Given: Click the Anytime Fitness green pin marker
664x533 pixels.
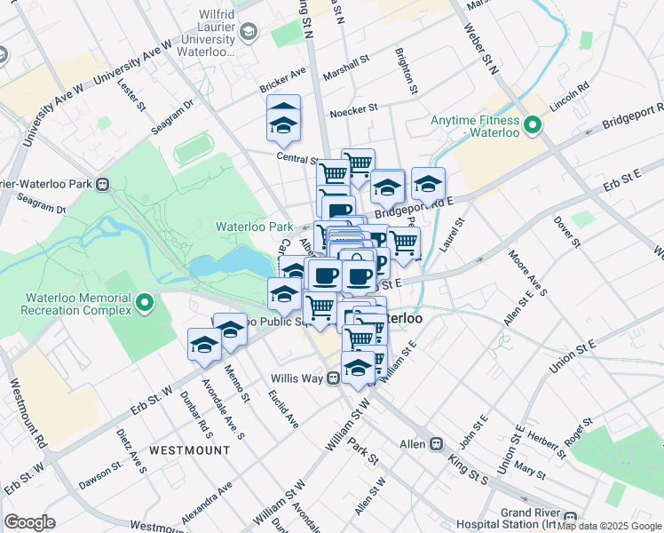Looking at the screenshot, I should pyautogui.click(x=533, y=125).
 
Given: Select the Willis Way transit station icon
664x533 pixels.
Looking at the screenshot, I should pyautogui.click(x=333, y=378).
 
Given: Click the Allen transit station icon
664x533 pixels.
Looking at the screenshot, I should pyautogui.click(x=436, y=443).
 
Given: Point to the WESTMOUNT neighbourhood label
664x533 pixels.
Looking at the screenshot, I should pyautogui.click(x=189, y=450).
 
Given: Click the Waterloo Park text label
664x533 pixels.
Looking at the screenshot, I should pyautogui.click(x=254, y=227).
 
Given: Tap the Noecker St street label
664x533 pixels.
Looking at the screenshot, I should pyautogui.click(x=353, y=108).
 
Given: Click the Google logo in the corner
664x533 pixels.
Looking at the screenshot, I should pyautogui.click(x=29, y=522).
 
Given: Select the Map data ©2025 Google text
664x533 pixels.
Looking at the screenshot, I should pyautogui.click(x=608, y=527).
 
